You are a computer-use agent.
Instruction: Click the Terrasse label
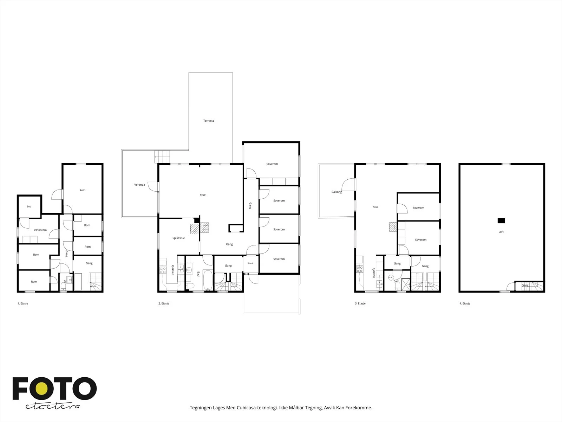pyautogui.click(x=209, y=121)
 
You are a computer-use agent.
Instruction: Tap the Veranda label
pyautogui.click(x=139, y=185)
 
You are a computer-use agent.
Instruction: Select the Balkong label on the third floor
pyautogui.click(x=336, y=192)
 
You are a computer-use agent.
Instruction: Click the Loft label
pyautogui.click(x=501, y=232)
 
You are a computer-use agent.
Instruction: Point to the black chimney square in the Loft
pyautogui.click(x=501, y=220)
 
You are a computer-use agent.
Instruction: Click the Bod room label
pyautogui.click(x=29, y=206)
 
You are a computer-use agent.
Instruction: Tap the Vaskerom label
pyautogui.click(x=40, y=230)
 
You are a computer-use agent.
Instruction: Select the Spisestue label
pyautogui.click(x=178, y=238)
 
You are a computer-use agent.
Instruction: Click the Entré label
pyautogui.click(x=250, y=263)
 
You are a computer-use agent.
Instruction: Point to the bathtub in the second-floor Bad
pyautogui.click(x=208, y=280)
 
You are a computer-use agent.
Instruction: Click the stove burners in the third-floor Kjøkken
pyautogui.click(x=359, y=269)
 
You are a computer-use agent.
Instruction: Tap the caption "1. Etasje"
pyautogui.click(x=23, y=303)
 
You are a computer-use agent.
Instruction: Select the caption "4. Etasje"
pyautogui.click(x=465, y=303)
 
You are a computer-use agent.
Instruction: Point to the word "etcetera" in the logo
pyautogui.click(x=52, y=406)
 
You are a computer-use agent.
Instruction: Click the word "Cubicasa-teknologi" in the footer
pyautogui.click(x=257, y=408)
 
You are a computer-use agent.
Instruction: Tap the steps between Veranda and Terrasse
pyautogui.click(x=162, y=156)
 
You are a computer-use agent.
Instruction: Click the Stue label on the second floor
pyautogui.click(x=203, y=195)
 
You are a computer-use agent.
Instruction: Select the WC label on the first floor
pyautogui.click(x=65, y=281)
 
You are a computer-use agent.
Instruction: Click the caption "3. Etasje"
pyautogui.click(x=360, y=303)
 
